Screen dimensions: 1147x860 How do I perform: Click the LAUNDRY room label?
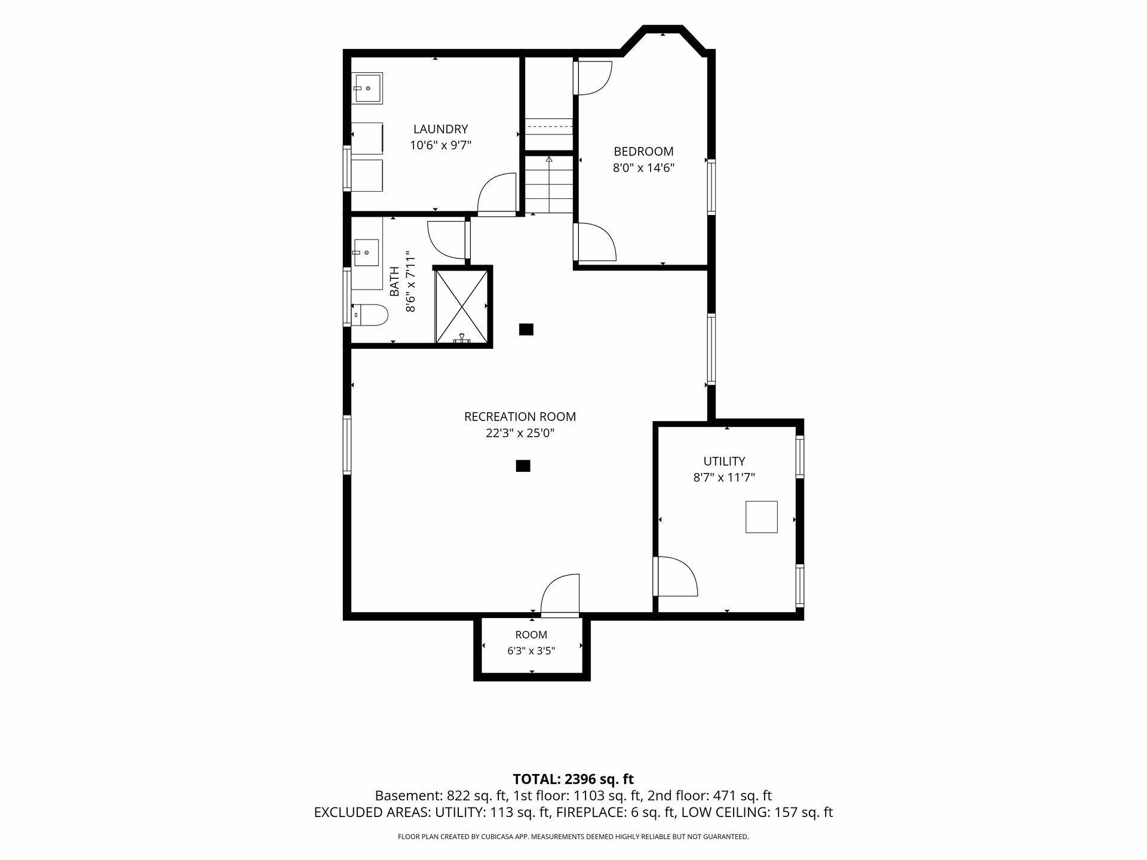coord(440,129)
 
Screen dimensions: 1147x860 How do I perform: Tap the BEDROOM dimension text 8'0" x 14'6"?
coord(643,168)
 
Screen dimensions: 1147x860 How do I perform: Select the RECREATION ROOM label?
coord(520,417)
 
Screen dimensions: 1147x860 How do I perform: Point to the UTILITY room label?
coord(724,461)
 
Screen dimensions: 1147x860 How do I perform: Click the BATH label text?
coord(394,282)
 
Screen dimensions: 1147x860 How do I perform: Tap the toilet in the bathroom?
coord(369,314)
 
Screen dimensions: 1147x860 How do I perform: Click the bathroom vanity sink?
coord(366,253)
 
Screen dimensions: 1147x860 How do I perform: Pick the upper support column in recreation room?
coord(526,329)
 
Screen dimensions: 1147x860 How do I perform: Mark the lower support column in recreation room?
coord(523,466)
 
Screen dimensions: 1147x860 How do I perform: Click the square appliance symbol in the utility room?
coord(761,517)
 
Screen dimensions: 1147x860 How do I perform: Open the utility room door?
coord(675,576)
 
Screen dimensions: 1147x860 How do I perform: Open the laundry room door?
coord(497,194)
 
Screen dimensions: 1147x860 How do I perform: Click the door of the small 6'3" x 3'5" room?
coord(560,595)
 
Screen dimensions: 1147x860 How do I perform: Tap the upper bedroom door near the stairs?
coord(592,76)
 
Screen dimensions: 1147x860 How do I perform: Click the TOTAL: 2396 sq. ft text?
coord(573,779)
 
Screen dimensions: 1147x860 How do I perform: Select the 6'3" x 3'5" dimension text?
coord(531,651)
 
